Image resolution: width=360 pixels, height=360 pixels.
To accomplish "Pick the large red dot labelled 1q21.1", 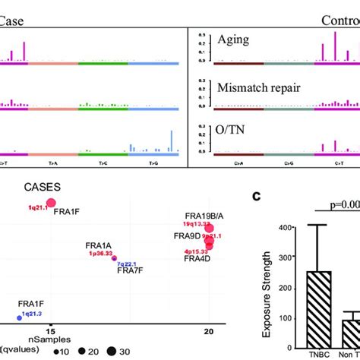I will [51, 203].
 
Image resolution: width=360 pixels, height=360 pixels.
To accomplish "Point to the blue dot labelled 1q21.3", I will [19, 317].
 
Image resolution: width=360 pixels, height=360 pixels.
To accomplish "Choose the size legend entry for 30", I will [112, 352].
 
